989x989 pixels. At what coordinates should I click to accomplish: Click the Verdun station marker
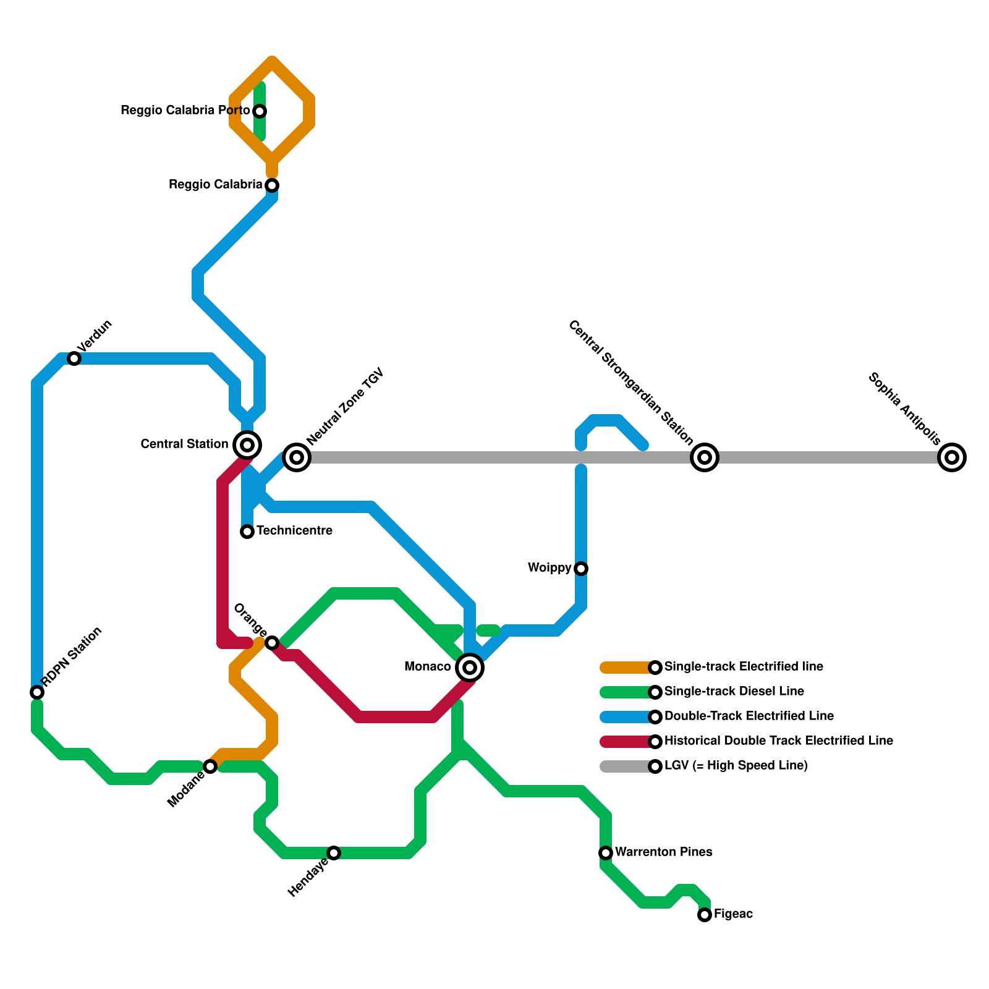point(74,359)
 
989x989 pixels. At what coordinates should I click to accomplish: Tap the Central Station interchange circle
point(247,444)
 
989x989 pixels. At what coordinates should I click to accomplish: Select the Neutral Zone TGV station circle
point(297,457)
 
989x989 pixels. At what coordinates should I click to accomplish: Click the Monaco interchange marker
point(470,668)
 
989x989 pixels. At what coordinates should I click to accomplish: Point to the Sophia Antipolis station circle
point(952,457)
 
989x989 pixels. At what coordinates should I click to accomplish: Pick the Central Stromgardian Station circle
point(705,457)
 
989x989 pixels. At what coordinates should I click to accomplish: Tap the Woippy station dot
point(581,569)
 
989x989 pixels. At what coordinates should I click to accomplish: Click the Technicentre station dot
point(247,532)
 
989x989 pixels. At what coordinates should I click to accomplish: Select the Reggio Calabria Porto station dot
point(260,111)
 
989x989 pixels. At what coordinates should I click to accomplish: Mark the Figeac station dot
point(705,915)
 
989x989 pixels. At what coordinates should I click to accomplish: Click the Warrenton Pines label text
point(663,852)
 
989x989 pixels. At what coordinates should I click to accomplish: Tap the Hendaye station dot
point(334,853)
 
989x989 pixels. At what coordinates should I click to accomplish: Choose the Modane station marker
point(210,766)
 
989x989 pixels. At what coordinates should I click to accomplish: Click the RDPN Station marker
point(37,692)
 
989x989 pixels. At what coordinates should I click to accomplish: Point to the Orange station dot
point(272,643)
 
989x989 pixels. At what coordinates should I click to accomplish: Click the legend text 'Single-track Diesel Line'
point(734,692)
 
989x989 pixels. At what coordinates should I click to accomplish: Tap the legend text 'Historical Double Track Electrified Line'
point(778,741)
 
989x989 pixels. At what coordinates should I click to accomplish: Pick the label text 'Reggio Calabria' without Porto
point(215,185)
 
